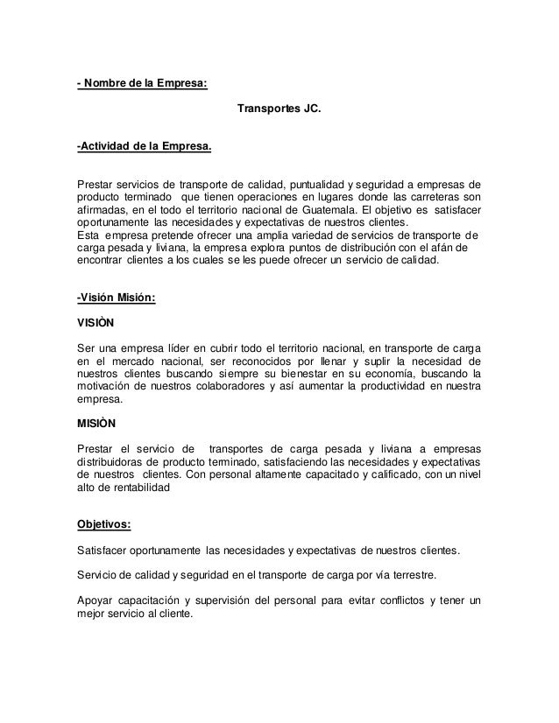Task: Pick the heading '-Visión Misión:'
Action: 117,297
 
